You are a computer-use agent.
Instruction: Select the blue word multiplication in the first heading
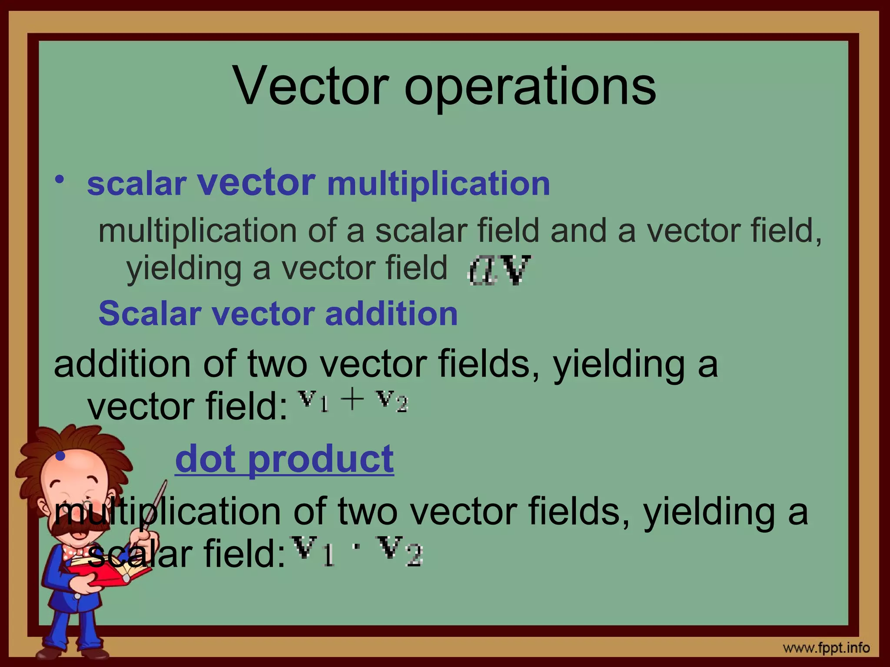pos(438,184)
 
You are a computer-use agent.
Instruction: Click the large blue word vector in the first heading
pos(256,182)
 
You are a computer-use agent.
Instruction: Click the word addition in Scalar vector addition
pos(391,314)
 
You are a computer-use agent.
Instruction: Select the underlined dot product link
pos(284,459)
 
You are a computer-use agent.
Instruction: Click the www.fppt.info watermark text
pos(826,648)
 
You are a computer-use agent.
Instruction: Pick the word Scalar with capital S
pos(150,314)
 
